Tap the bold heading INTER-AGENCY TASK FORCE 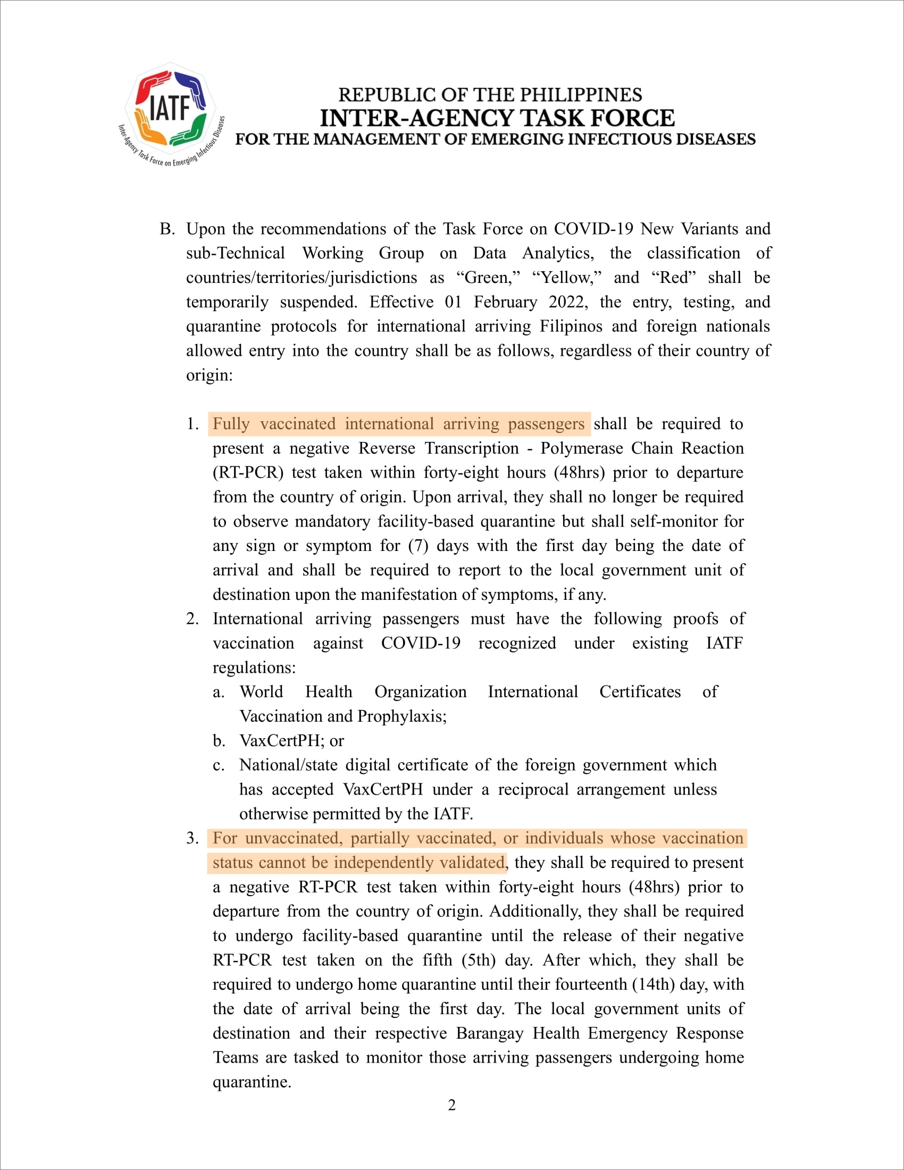tap(497, 119)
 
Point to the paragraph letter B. tap(166, 229)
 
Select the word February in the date tap(505, 302)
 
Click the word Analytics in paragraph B tap(557, 253)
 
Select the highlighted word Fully tap(231, 424)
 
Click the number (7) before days tap(418, 545)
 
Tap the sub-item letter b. tap(219, 741)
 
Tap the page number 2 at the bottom tap(451, 1105)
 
